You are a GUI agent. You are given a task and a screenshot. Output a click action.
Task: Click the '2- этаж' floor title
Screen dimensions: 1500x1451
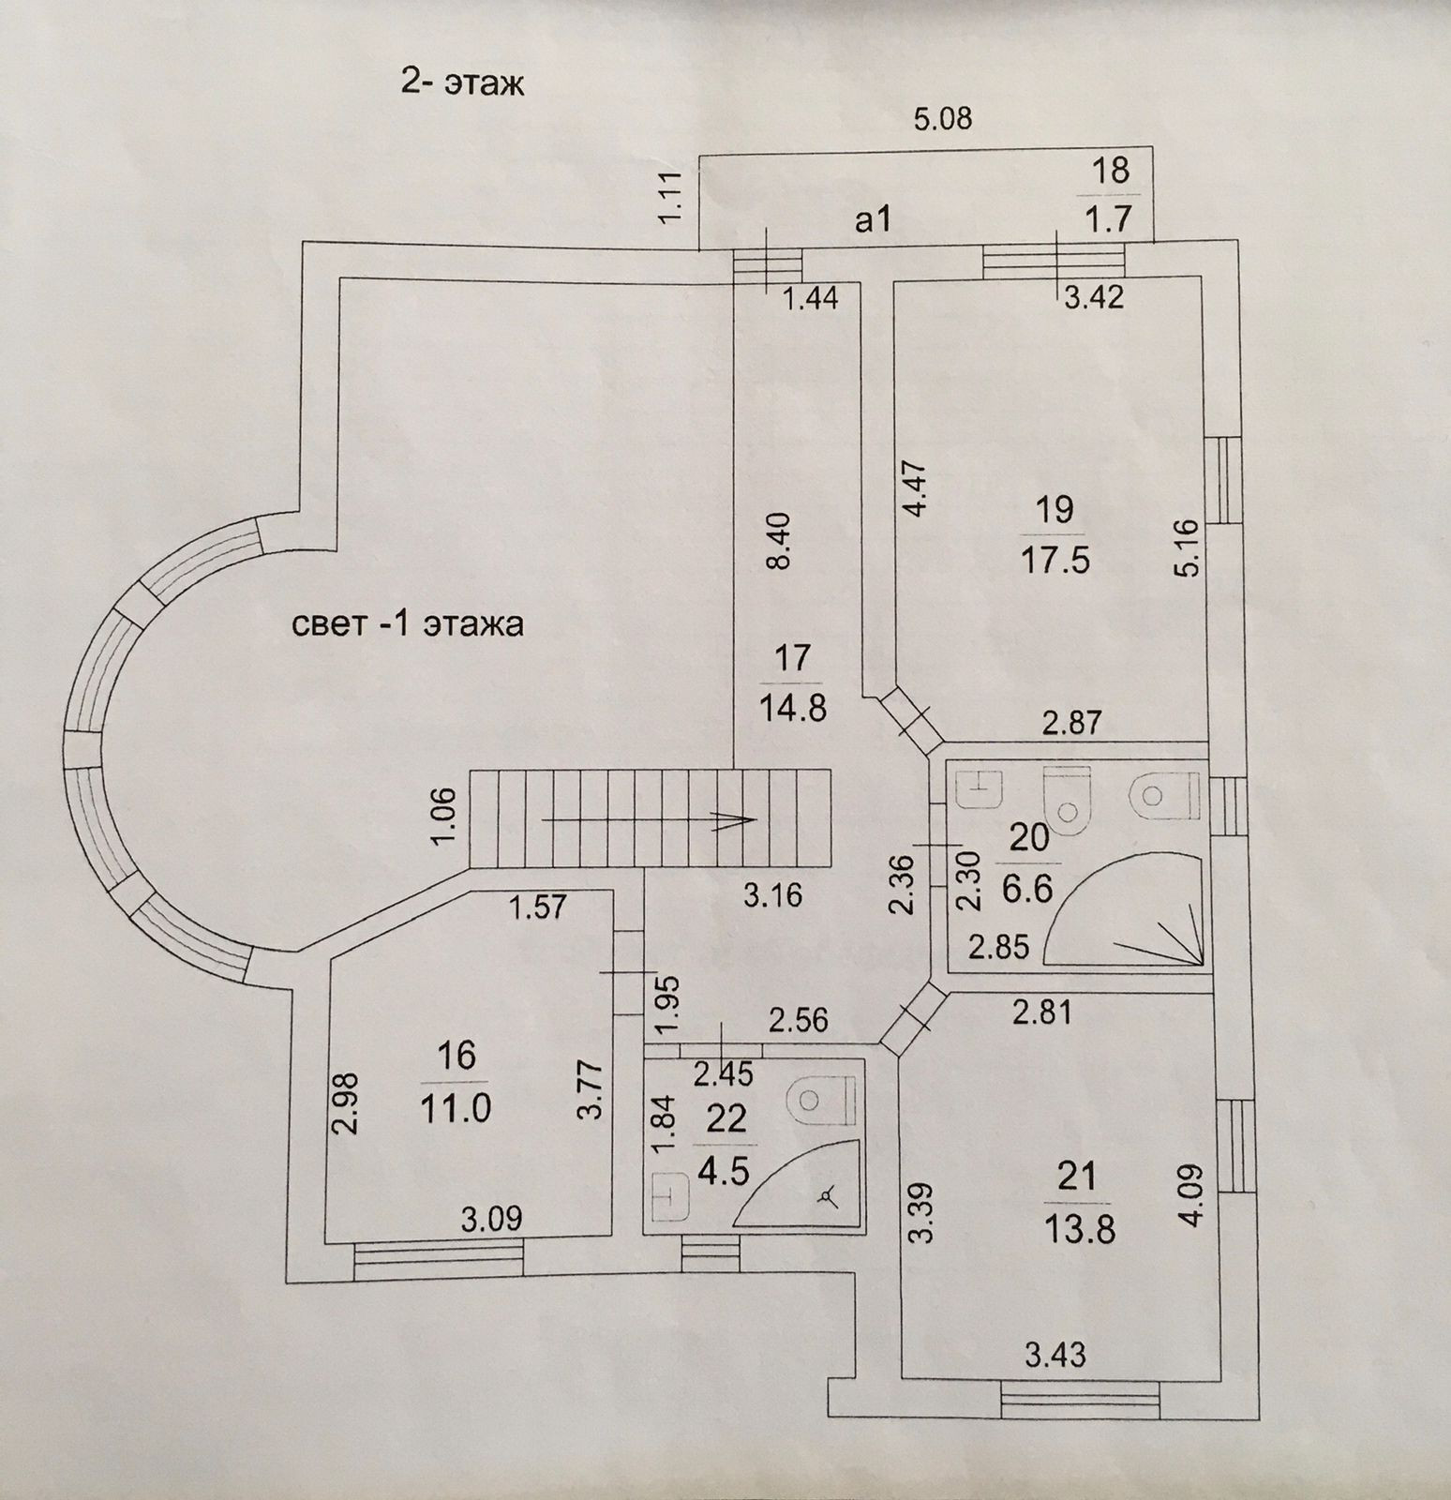(461, 83)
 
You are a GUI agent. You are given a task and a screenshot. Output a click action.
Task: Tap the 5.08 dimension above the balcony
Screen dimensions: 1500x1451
(943, 119)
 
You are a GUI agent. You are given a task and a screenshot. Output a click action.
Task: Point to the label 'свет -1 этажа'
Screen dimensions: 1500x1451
(408, 624)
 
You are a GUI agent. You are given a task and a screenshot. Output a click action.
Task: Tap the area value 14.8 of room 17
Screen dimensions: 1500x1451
(792, 708)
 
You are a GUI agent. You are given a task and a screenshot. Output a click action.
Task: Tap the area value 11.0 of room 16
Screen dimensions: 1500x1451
(456, 1109)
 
